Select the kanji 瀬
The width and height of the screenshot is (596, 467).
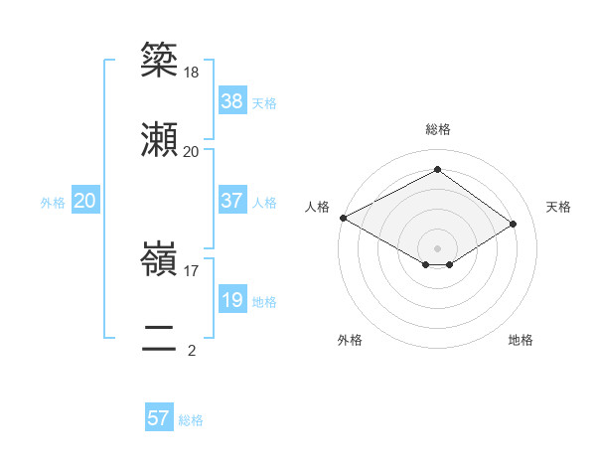coord(160,139)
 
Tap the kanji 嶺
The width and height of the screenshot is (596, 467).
coord(160,261)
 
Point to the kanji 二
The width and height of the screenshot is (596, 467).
coord(160,338)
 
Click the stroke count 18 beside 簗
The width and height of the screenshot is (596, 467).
coord(192,74)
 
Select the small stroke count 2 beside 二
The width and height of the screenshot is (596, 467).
coord(191,350)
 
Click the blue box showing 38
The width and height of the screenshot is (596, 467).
coord(231,101)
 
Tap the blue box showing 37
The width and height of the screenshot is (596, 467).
coord(231,201)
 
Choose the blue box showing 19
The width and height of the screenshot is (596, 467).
coord(231,300)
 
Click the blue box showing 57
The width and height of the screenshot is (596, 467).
coord(159,418)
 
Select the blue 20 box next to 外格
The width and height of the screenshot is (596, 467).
coord(85,201)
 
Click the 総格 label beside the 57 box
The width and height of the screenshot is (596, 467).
coord(191,420)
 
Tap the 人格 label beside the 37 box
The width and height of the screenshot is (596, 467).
coord(264,203)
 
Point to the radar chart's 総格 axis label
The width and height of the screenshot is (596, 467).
coord(437,130)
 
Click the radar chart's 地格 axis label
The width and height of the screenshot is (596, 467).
coord(521,341)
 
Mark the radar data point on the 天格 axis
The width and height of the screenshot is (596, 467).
coord(513,225)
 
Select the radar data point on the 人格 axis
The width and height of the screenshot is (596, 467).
coord(343,218)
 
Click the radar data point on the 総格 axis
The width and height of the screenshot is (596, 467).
coord(437,170)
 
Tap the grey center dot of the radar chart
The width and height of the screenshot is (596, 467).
coord(437,247)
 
